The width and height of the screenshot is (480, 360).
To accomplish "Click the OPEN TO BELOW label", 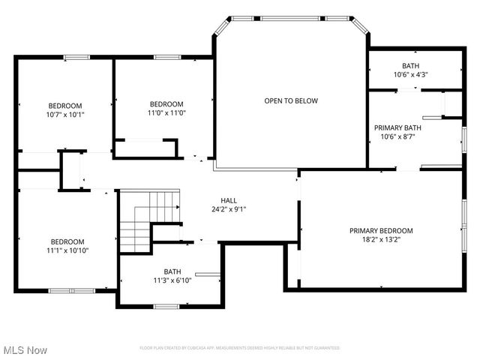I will point(291,100).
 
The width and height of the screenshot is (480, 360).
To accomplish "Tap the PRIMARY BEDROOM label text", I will point(381,231).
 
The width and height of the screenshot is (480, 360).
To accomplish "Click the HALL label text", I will point(229,200).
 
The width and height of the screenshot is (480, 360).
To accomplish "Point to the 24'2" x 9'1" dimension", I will point(229,209).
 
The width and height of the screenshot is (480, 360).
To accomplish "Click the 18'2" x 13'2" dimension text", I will point(381,240).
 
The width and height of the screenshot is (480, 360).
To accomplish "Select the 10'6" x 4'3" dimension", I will point(410,75).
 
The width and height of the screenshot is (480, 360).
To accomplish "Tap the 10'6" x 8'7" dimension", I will point(397,136).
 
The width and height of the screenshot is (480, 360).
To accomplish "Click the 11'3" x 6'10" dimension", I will point(172,280).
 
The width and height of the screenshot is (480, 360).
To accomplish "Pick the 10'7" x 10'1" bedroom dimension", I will point(65,115).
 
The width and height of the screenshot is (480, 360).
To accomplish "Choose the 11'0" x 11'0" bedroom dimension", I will point(166,112).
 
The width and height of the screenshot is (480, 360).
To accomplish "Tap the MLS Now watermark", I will point(25,350).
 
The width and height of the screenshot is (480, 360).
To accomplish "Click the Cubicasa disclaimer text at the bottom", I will point(240,348).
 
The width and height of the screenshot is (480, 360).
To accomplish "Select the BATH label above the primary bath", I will point(410,66).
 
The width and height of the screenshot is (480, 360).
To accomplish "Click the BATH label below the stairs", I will point(172,271).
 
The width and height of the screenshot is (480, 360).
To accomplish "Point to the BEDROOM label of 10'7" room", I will point(65,106).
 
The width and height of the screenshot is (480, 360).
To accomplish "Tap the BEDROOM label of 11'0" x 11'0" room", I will point(166,103).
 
